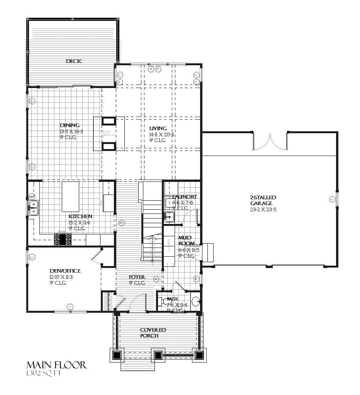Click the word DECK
(x=74, y=61)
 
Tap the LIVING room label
(x=158, y=128)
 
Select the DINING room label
(x=70, y=125)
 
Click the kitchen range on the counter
(x=63, y=240)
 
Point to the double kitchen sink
(x=34, y=207)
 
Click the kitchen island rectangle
(x=70, y=196)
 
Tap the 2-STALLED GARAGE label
(x=263, y=200)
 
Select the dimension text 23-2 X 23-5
(x=263, y=209)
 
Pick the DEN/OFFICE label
(x=65, y=271)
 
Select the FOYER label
(x=137, y=277)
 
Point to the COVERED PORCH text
(x=153, y=333)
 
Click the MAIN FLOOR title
(x=56, y=365)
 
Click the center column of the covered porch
(x=158, y=355)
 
